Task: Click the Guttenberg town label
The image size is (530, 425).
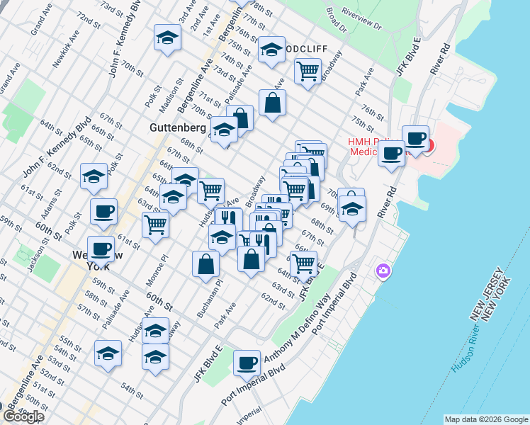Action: (178, 128)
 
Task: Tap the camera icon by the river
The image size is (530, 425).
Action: (383, 271)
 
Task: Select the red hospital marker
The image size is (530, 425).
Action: (428, 147)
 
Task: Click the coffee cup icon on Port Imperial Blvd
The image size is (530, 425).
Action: (247, 363)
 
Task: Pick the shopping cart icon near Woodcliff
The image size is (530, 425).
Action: (308, 70)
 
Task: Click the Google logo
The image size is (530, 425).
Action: (23, 416)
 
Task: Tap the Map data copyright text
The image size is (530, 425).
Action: (486, 419)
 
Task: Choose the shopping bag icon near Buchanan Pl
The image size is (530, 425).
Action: (205, 263)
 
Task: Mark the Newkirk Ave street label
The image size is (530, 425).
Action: (66, 51)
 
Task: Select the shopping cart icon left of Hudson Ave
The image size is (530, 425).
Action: (155, 225)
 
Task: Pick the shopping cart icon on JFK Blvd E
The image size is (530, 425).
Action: (304, 263)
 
